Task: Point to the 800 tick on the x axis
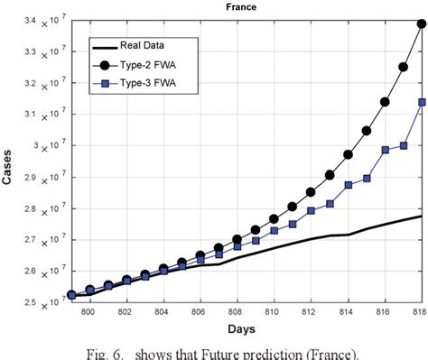pyautogui.click(x=88, y=312)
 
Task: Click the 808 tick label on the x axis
pyautogui.click(x=237, y=312)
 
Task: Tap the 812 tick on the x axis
pyautogui.click(x=311, y=312)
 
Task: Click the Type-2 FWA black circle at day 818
pyautogui.click(x=422, y=24)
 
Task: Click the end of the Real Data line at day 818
pyautogui.click(x=422, y=216)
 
